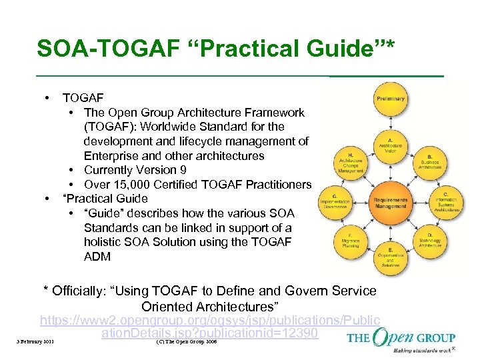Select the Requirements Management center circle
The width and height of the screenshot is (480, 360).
390,203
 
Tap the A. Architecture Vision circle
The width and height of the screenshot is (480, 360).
390,144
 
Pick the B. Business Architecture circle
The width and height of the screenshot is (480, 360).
430,160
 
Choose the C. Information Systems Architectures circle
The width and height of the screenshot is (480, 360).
445,201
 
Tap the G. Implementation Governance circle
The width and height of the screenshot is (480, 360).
335,201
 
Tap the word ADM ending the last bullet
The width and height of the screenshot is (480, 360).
97,257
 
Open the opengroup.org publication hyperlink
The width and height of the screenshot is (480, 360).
210,327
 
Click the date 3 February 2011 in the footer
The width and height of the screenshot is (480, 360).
35,343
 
